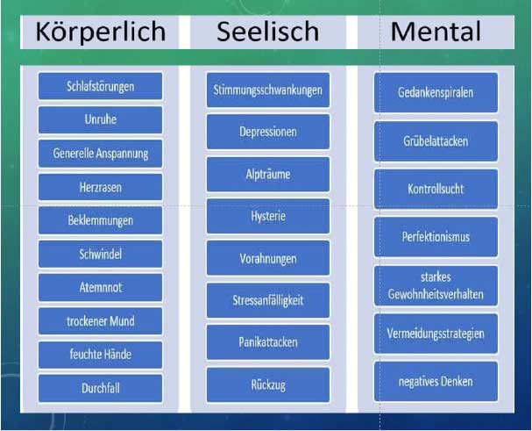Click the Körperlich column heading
(100, 32)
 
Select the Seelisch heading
(268, 32)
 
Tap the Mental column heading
(436, 32)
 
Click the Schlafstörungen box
(100, 86)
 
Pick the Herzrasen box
(100, 187)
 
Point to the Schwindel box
(100, 254)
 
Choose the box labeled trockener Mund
(100, 320)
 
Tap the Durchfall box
(100, 387)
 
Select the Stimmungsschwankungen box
(268, 90)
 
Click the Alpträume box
(268, 174)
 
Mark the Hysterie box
(268, 216)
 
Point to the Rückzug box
(268, 384)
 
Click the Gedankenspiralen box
(436, 92)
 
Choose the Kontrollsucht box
(436, 189)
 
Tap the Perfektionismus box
(436, 237)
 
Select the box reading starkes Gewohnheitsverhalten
(436, 286)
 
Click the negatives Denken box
(436, 381)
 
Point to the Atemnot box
(100, 287)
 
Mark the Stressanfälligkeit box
(268, 300)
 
